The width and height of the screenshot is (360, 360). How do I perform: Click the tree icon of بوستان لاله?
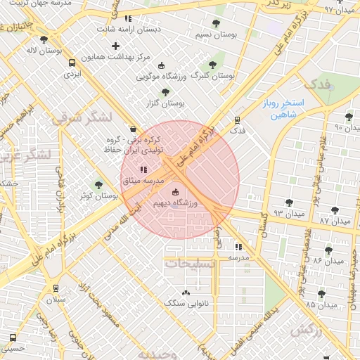44,40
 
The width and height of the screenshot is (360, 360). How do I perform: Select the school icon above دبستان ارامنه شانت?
127,19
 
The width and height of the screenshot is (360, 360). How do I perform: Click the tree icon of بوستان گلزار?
165,91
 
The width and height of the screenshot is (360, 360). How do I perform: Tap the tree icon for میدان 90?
349,117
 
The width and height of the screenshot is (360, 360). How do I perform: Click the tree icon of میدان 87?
335,209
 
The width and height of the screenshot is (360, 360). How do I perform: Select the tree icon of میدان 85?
321,293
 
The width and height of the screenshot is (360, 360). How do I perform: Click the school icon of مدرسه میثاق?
143,169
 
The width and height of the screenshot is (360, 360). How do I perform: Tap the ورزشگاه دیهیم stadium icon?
175,192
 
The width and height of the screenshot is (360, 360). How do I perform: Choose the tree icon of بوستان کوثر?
98,185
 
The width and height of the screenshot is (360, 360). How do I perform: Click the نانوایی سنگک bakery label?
185,303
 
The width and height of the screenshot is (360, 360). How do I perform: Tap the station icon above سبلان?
56,288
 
